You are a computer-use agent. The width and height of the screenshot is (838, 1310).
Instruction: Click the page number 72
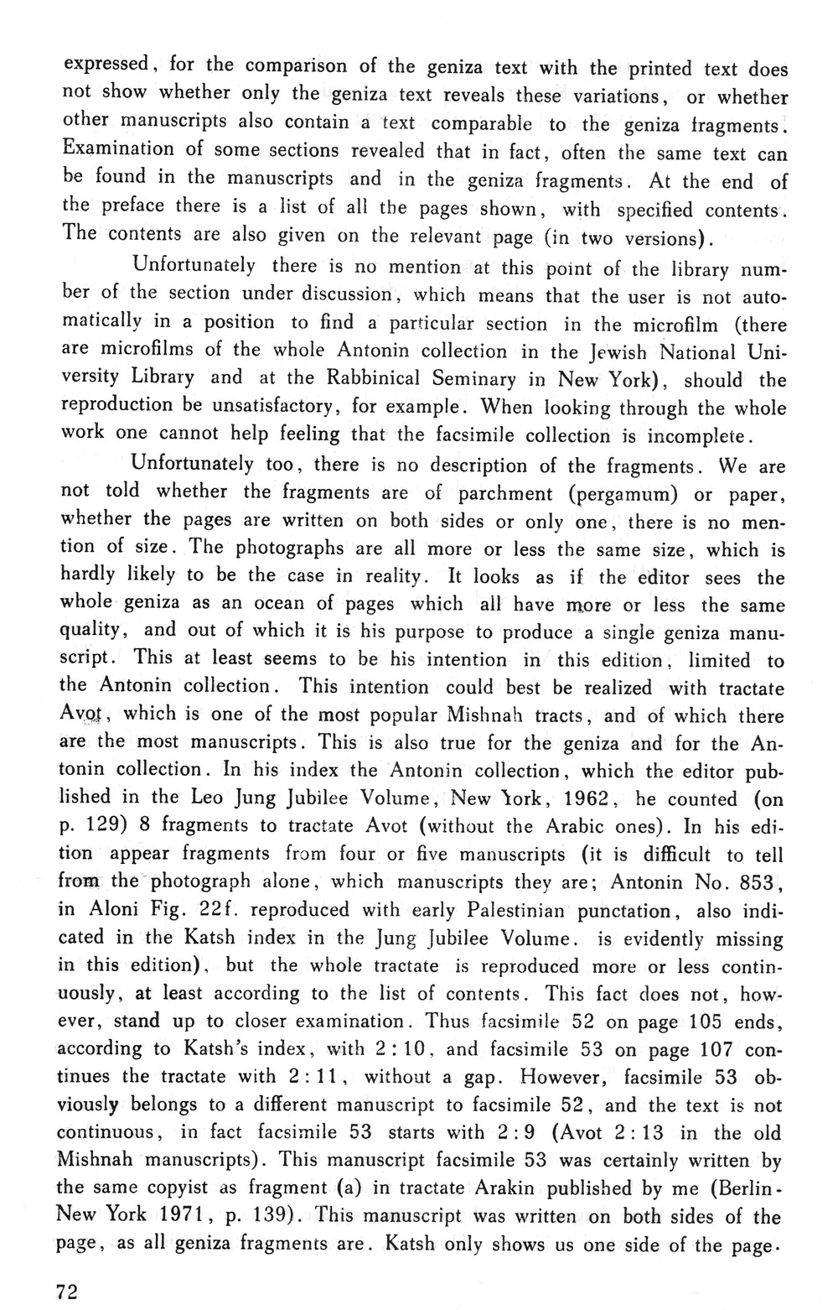tap(66, 1292)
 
